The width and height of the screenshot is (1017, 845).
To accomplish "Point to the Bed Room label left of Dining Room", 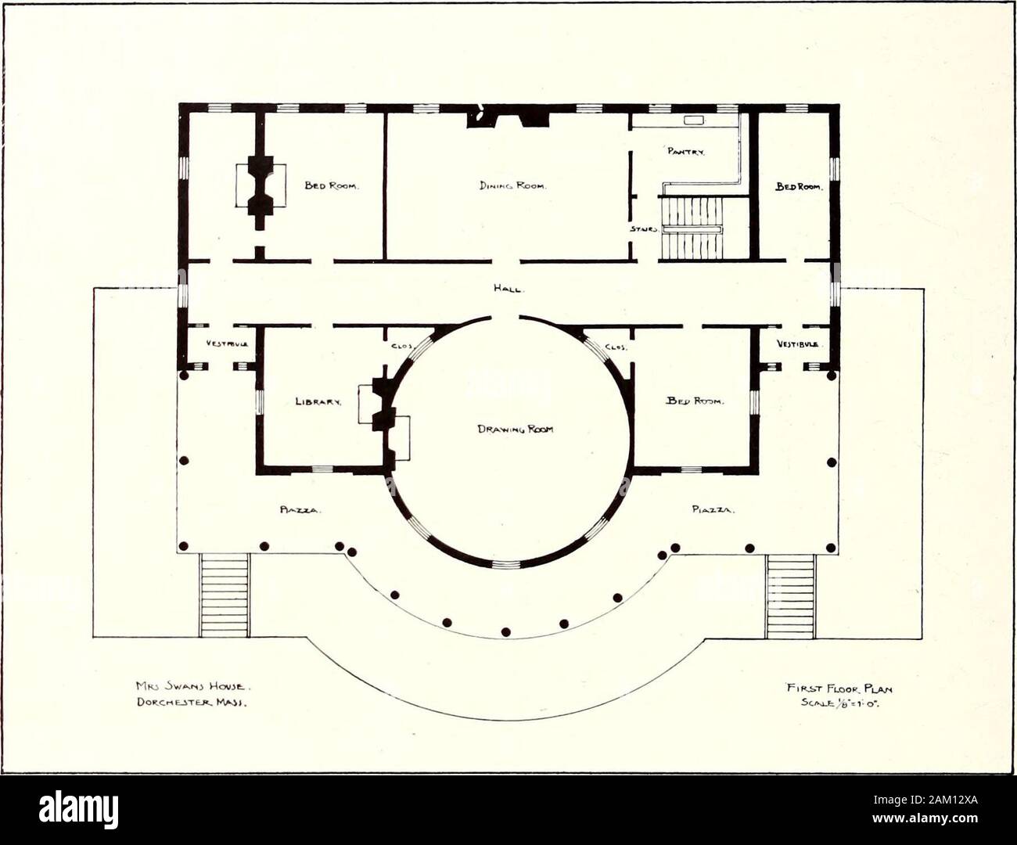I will coord(331,186).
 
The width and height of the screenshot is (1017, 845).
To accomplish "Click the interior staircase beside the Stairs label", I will coord(690,227).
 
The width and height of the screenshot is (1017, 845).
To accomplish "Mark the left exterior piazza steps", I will coord(225,595).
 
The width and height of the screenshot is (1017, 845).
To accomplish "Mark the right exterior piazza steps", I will coord(790,595).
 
